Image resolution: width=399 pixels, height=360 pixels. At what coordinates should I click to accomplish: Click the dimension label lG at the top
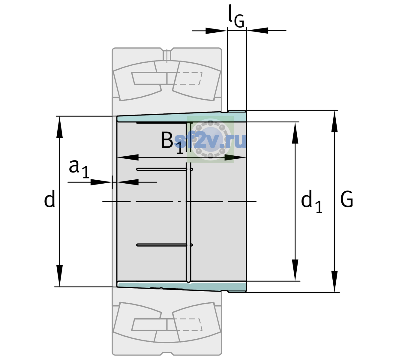(x=236, y=16)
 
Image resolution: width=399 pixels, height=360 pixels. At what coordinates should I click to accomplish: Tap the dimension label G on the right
(x=347, y=199)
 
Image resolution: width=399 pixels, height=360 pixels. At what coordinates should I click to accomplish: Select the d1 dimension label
(x=312, y=201)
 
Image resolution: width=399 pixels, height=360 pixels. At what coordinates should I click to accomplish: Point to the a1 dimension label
(x=79, y=169)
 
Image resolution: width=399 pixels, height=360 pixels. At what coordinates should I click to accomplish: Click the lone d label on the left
(x=49, y=199)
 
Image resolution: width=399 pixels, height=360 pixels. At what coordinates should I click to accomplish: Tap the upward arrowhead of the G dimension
(x=334, y=122)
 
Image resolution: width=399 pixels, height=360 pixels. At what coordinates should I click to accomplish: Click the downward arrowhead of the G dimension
(x=334, y=281)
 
